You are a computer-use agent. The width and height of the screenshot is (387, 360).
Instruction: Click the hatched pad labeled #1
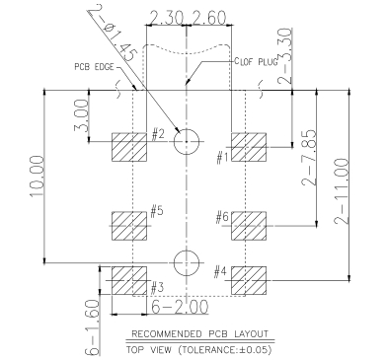(249, 147)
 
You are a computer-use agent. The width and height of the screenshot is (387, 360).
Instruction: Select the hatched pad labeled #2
(129, 147)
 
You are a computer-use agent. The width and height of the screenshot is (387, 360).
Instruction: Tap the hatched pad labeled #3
(129, 280)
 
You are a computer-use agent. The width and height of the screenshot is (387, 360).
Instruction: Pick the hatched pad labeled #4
(249, 280)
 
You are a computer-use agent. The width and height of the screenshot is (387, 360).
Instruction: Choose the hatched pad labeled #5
(129, 226)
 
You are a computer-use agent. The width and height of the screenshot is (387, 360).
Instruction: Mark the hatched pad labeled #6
(249, 226)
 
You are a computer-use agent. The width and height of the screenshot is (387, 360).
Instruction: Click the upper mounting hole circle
(187, 129)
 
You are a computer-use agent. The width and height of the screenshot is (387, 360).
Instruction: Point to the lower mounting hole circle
(187, 251)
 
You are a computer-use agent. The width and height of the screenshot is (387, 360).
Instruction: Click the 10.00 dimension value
(37, 177)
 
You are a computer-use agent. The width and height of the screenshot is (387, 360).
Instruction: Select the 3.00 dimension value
(82, 115)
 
